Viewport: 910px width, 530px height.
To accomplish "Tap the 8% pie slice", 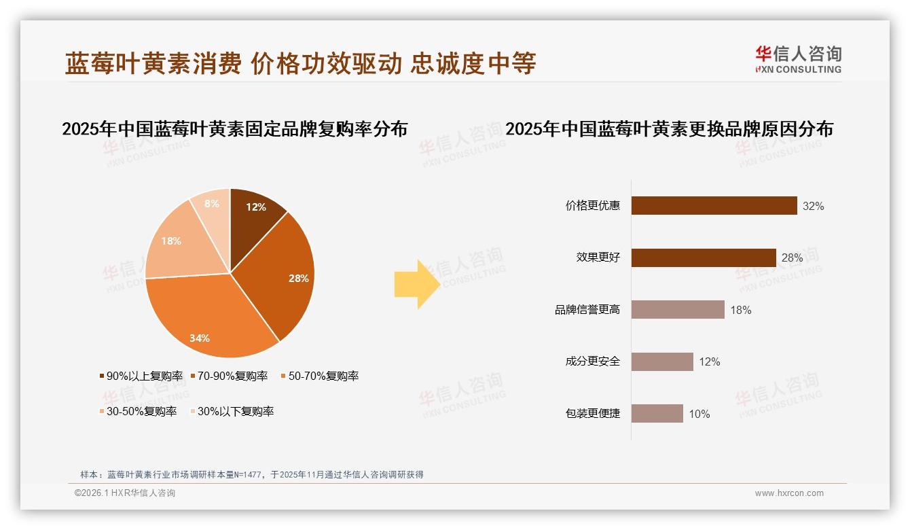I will point(211,203).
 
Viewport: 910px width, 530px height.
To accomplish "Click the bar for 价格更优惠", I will point(714,206).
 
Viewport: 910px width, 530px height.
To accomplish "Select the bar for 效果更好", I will point(704,258).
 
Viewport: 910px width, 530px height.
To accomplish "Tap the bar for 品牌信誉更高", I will point(678,310).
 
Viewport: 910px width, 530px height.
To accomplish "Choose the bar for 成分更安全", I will point(662,361).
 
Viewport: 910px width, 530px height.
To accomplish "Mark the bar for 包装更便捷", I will point(657,414).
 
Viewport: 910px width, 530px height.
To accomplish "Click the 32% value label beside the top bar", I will point(813,206).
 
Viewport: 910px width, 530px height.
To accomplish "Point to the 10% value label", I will point(699,414).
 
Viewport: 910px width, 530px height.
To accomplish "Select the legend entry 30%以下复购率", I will point(235,411).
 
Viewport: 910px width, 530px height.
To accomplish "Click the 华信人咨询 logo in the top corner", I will point(798,59).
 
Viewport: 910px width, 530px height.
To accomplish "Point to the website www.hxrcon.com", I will point(789,493).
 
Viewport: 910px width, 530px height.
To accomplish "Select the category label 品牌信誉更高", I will point(587,310).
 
